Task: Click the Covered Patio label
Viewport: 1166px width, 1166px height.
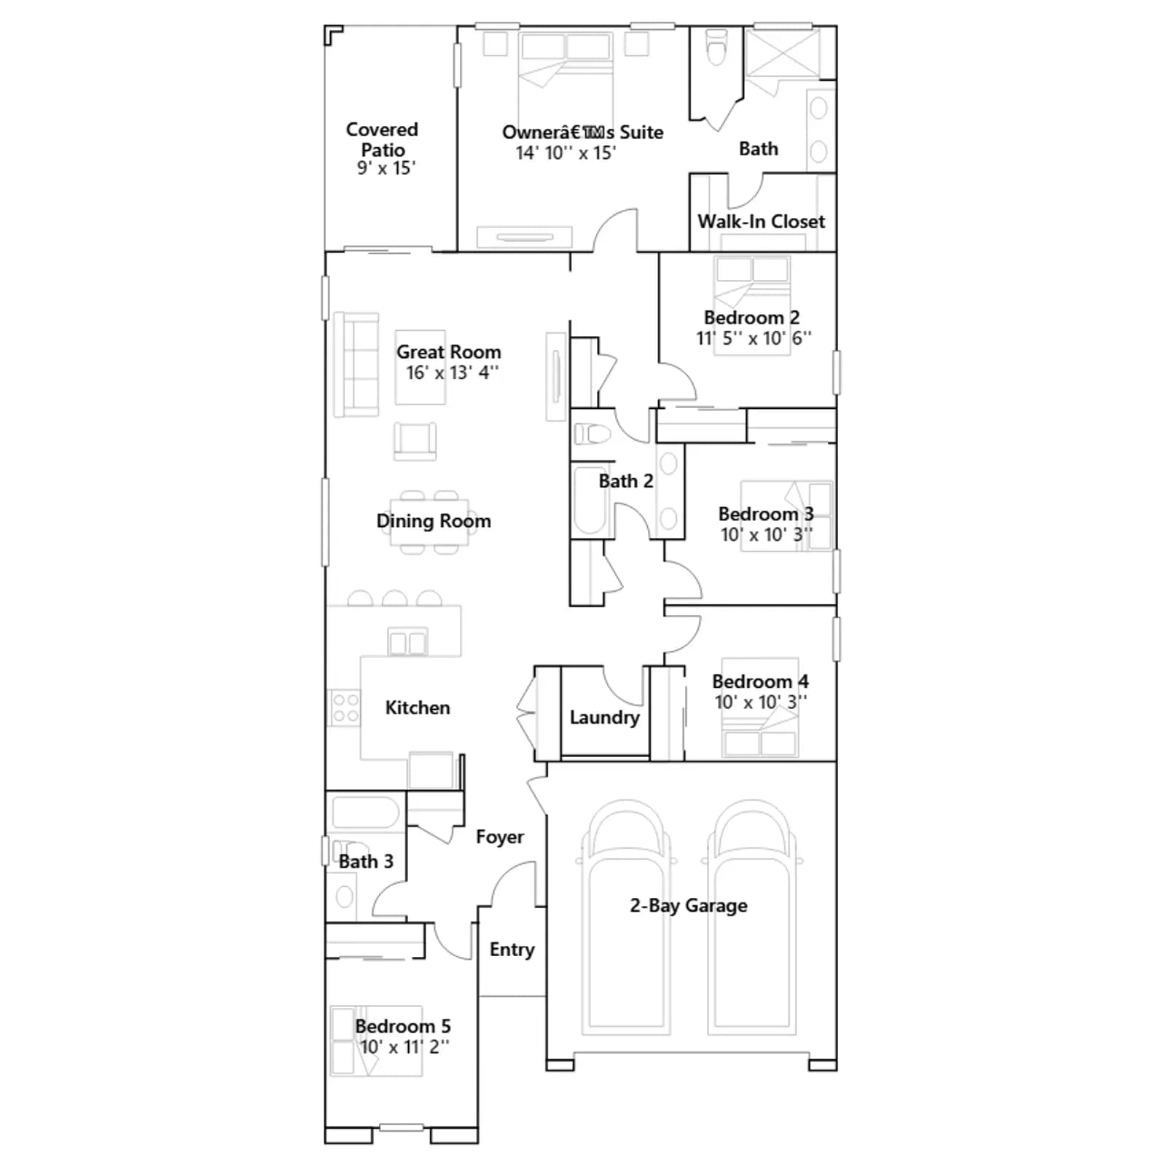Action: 382,139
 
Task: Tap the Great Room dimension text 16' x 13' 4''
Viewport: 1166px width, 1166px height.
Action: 452,372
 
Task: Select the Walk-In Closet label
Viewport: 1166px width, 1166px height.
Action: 762,222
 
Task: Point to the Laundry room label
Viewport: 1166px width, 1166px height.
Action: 605,718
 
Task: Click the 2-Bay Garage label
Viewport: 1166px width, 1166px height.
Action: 689,906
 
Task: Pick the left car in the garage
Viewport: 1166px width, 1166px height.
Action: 626,917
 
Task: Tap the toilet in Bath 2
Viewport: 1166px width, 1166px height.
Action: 592,434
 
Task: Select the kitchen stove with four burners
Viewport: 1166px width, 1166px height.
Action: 345,708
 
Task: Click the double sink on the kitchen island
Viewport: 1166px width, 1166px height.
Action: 407,642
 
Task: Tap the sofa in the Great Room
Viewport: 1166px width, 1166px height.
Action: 356,364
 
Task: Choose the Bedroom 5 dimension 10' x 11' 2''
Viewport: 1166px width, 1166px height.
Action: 404,1047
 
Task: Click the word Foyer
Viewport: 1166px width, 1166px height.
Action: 500,837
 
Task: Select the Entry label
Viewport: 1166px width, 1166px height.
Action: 512,950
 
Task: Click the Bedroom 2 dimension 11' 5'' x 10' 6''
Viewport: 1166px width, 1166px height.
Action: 754,338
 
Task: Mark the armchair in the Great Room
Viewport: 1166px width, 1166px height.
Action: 415,441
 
